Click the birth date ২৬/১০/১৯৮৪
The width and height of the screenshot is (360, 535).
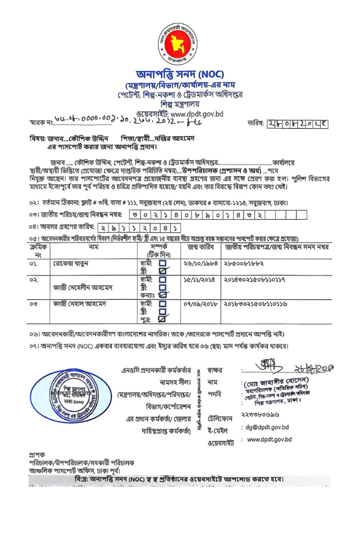click(202, 264)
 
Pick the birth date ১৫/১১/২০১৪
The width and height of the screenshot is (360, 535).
click(202, 279)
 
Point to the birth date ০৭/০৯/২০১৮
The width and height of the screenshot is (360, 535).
click(202, 303)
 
